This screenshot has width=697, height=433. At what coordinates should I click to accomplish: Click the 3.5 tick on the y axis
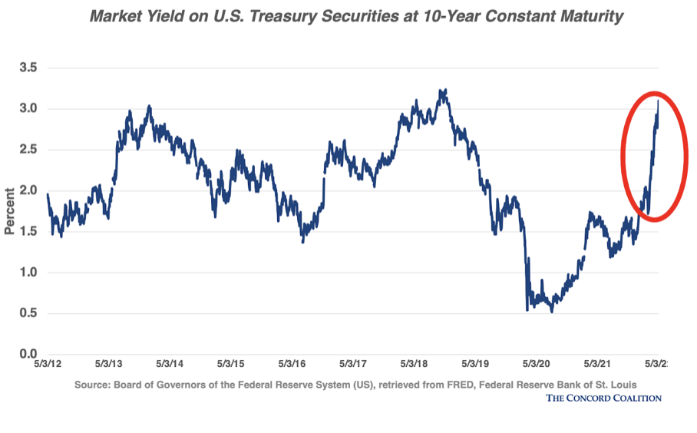28,68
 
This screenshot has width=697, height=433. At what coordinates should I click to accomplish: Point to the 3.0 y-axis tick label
28,108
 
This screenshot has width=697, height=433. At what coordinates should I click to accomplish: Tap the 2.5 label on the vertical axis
28,149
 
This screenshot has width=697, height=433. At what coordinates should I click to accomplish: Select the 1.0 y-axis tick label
28,273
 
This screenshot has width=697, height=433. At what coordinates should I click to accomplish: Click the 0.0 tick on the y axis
28,354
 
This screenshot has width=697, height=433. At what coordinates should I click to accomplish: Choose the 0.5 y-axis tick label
28,313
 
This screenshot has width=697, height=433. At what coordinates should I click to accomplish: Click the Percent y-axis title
10,210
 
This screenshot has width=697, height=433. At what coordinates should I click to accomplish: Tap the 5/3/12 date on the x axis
47,363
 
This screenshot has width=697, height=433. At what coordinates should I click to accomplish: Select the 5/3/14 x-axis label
170,363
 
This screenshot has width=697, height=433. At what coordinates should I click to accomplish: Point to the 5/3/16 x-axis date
292,363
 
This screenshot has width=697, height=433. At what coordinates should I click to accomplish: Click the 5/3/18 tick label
415,363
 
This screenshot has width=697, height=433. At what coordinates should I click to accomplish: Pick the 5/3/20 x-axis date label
537,363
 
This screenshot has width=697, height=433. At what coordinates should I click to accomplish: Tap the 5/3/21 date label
598,363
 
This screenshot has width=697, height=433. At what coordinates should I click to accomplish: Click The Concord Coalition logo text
603,397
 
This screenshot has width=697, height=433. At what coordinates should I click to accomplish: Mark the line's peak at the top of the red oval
658,101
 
